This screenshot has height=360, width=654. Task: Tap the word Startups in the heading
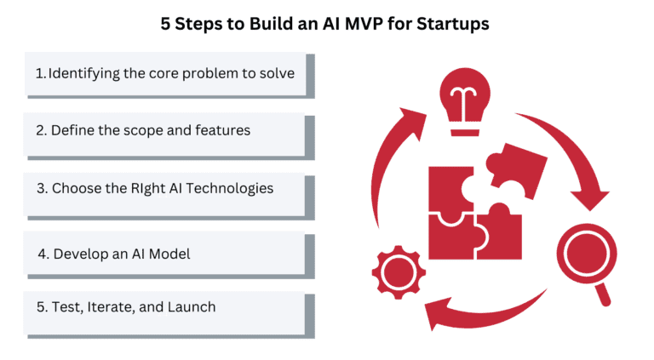[x=453, y=25]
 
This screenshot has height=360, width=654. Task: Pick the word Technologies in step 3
[x=230, y=189]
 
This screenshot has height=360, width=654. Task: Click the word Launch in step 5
[x=192, y=307]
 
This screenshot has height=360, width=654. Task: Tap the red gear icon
[x=399, y=272]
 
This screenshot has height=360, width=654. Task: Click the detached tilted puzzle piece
[x=517, y=169]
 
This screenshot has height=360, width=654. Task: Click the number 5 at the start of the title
[x=165, y=24]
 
